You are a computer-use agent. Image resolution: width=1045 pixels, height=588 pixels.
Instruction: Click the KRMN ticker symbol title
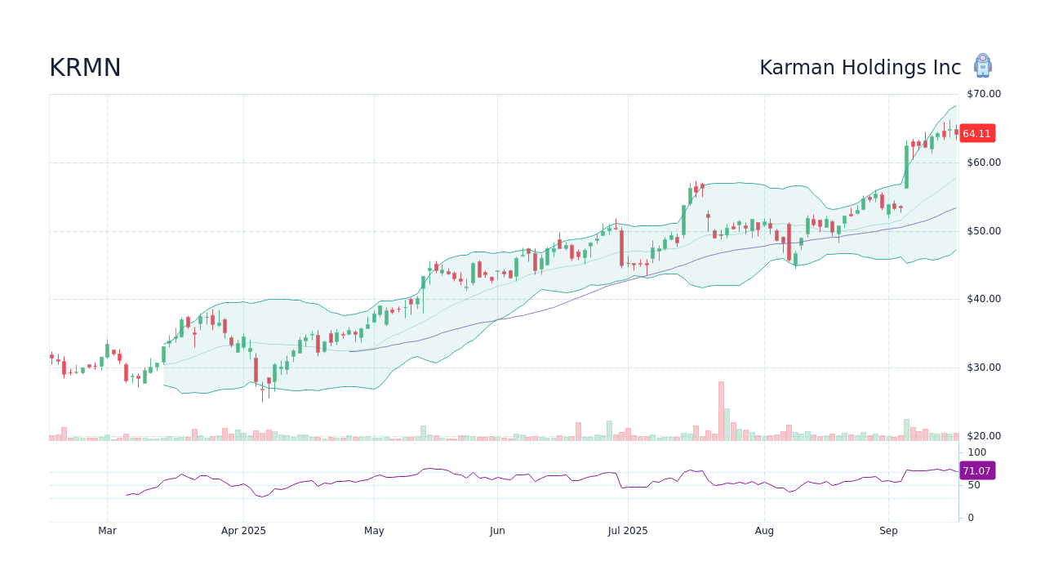[x=85, y=68]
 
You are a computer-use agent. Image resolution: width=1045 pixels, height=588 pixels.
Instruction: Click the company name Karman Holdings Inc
[x=860, y=68]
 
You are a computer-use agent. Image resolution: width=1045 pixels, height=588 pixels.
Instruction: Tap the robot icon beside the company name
[x=983, y=66]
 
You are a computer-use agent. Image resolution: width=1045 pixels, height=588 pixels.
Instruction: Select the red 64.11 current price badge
[x=976, y=133]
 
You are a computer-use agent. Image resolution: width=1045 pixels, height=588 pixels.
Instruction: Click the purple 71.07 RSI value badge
[x=976, y=470]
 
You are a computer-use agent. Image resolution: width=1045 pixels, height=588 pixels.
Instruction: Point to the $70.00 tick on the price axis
[x=984, y=94]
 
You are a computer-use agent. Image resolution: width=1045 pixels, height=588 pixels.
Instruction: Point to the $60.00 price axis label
[x=984, y=163]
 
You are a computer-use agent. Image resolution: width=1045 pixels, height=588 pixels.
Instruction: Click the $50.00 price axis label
[x=984, y=231]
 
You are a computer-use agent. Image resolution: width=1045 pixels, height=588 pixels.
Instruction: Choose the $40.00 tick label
[x=984, y=299]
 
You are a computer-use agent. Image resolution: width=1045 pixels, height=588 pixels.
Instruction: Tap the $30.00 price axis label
[x=984, y=367]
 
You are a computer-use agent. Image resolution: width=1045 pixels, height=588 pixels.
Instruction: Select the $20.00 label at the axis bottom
[x=984, y=436]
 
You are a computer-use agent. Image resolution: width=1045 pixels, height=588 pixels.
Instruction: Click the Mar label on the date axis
[x=107, y=531]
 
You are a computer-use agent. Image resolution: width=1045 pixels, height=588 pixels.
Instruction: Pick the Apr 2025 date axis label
[x=243, y=531]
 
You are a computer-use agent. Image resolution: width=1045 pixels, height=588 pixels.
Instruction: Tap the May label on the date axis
[x=374, y=531]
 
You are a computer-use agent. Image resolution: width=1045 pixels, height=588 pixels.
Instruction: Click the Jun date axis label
[x=497, y=531]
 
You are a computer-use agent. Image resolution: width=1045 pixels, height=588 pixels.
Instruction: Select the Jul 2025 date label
[x=628, y=531]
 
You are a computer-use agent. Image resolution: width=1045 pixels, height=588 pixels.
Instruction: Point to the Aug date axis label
[x=764, y=531]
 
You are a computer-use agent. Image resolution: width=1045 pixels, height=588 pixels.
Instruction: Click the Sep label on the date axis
[x=888, y=531]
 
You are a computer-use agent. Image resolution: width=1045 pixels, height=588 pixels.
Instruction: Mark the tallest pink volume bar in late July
[x=721, y=411]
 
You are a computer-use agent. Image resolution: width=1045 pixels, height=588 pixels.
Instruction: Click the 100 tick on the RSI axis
[x=977, y=452]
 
